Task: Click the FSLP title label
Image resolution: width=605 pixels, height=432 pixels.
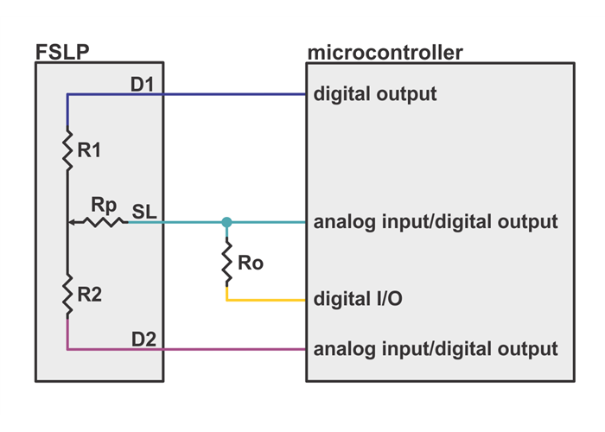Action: (x=62, y=52)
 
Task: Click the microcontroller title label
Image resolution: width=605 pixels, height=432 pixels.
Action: (x=385, y=53)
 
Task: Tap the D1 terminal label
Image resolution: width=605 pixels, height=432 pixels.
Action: (x=143, y=84)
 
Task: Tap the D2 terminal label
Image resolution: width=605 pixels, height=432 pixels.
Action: (x=143, y=339)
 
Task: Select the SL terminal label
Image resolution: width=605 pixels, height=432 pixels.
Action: (x=144, y=211)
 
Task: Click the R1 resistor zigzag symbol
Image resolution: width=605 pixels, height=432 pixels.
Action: (x=67, y=149)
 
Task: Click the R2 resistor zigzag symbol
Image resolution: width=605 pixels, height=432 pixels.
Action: (x=67, y=294)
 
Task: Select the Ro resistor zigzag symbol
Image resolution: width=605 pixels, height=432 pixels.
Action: (x=226, y=263)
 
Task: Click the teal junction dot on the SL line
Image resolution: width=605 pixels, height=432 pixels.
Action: (x=226, y=222)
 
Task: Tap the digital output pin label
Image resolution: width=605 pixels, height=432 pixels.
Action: (x=375, y=93)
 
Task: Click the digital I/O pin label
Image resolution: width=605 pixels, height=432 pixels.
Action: (x=359, y=300)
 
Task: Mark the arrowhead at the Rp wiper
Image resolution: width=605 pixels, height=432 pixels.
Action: (x=73, y=222)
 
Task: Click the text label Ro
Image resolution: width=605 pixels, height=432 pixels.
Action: (x=250, y=264)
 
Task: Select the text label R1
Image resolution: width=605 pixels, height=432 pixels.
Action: (x=89, y=150)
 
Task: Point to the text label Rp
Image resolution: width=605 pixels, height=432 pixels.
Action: (x=104, y=206)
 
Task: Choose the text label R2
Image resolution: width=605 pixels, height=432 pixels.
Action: (x=90, y=295)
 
